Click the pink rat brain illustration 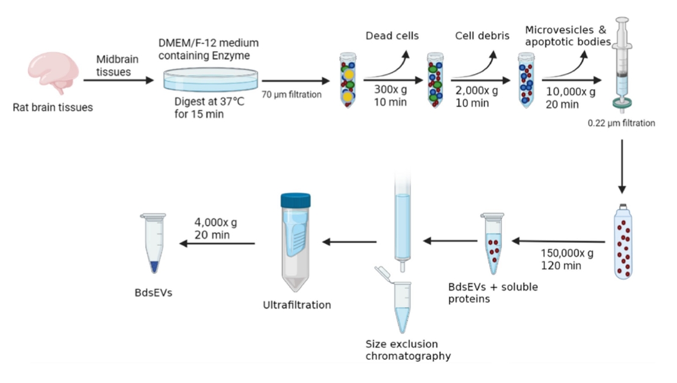coord(54,73)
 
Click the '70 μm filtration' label coord(291,94)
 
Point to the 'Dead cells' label coord(392,35)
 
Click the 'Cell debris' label coord(482,35)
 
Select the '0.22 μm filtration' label coord(621,123)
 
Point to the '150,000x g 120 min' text coord(567,259)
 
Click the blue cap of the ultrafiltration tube coord(295,201)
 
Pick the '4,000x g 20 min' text coord(216,229)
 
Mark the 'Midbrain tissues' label coord(118,65)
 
